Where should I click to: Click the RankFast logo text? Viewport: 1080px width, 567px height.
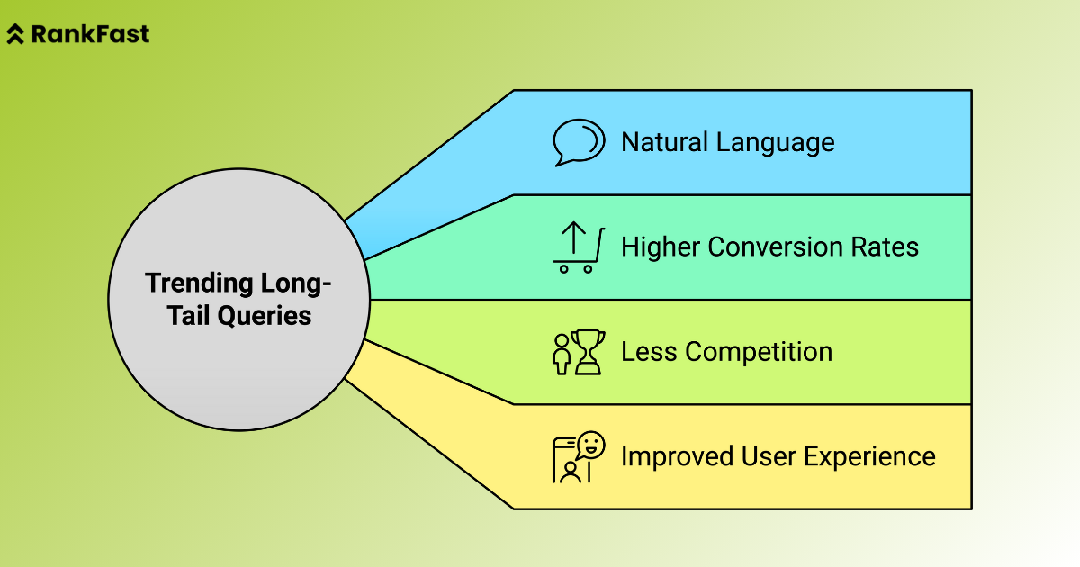[90, 35]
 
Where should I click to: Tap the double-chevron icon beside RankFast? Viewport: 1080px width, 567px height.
[15, 35]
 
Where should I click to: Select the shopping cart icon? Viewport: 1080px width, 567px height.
[577, 247]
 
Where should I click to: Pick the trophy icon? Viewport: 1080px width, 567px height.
[588, 352]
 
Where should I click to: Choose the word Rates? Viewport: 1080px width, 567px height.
[886, 247]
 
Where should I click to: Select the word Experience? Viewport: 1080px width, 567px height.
[868, 456]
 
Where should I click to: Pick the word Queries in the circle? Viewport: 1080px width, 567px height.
[268, 316]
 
